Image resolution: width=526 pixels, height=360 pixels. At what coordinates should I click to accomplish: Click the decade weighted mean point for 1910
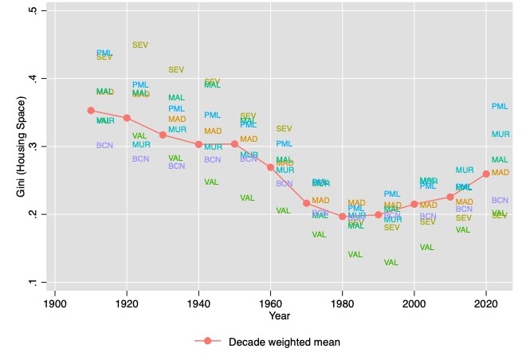91,111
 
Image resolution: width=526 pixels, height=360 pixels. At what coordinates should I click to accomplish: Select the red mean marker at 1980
343,217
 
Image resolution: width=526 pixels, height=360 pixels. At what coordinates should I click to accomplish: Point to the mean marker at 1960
270,167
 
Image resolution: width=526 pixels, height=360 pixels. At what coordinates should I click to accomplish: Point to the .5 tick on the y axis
31,11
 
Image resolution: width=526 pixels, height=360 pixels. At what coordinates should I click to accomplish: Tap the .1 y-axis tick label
31,282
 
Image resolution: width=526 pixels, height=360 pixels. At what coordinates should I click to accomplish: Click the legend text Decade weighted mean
285,342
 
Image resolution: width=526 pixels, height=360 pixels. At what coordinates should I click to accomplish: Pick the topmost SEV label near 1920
140,45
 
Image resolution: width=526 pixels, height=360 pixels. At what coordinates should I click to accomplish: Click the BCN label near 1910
104,146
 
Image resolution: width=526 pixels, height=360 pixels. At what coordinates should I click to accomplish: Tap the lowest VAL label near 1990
391,263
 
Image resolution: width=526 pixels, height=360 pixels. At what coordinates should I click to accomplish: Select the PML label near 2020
500,107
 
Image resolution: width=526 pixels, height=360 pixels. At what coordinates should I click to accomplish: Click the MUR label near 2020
500,135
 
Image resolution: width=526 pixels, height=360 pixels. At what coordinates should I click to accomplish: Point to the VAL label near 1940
211,182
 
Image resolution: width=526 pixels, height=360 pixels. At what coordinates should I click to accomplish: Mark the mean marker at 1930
163,135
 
